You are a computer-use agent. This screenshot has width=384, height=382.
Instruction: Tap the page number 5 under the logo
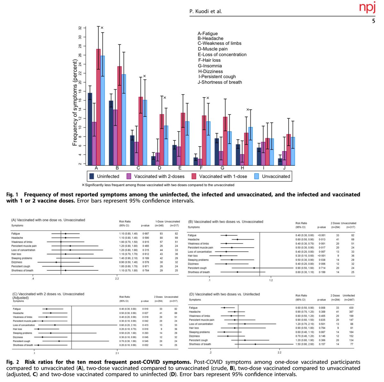pos(373,21)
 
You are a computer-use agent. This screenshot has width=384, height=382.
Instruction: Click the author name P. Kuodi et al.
pos(206,12)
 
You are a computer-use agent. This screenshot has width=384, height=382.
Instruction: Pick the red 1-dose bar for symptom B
pos(119,115)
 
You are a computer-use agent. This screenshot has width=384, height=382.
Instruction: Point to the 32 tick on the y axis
pos(80,28)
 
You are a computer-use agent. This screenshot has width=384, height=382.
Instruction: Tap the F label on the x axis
pos(202,168)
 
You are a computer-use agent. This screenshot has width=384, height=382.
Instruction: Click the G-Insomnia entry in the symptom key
pos(210,66)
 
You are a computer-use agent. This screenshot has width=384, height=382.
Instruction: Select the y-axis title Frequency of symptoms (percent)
pos(75,99)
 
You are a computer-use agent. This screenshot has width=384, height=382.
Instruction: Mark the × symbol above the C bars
pos(144,76)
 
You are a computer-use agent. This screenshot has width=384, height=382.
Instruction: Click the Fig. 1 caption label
pos(12,195)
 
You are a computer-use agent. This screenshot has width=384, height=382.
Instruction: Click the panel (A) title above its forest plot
pos(48,220)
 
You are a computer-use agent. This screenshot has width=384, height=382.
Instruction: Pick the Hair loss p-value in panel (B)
pos(322,256)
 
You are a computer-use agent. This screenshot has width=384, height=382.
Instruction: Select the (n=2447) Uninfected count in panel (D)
pos(348,300)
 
